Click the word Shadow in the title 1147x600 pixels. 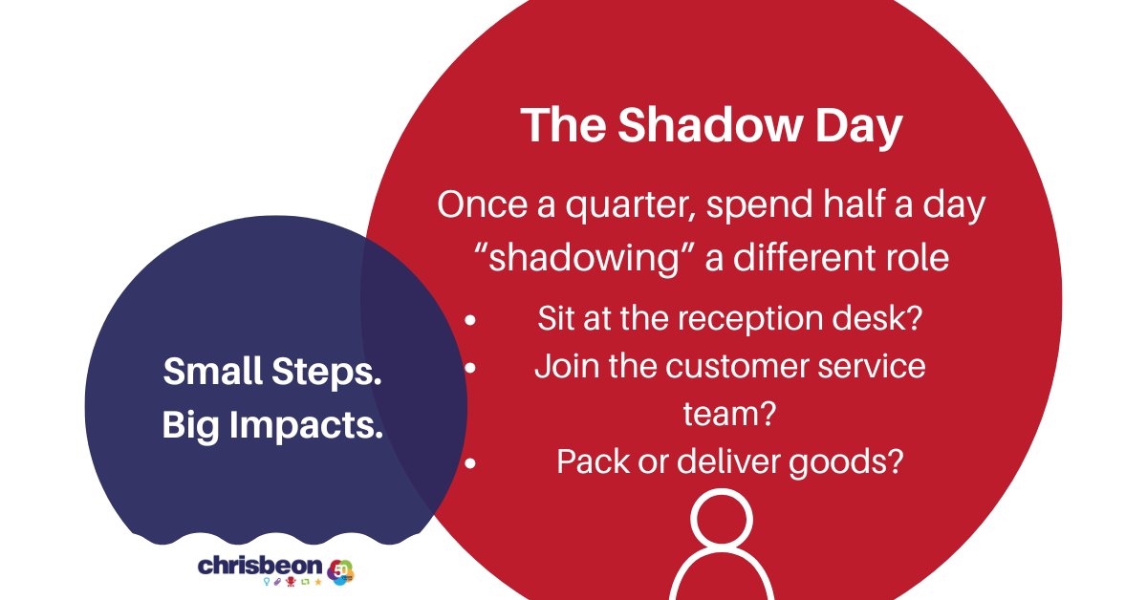click(709, 125)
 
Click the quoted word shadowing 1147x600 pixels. click(584, 258)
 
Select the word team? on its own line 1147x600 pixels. click(729, 414)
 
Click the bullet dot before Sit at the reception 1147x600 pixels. click(470, 320)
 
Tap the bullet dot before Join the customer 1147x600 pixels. click(470, 368)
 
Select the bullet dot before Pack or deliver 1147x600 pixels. click(470, 462)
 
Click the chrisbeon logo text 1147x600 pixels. click(260, 567)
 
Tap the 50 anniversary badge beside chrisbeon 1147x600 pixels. click(340, 572)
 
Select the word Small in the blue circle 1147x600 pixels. click(212, 371)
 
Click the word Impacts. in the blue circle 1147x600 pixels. click(306, 426)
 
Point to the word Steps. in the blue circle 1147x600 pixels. click(327, 374)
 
